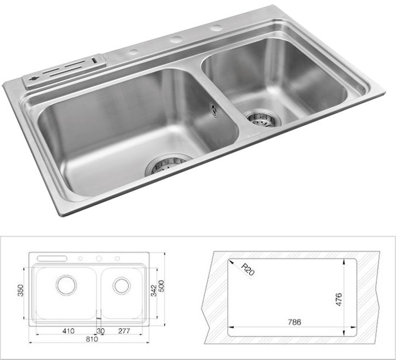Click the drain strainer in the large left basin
[169, 165]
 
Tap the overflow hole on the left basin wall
[215, 110]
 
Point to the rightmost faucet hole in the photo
[216, 28]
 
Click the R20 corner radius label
[247, 269]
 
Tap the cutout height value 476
[339, 299]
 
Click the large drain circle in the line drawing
[66, 285]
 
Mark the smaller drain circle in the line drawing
[121, 285]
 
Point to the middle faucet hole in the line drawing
[99, 258]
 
